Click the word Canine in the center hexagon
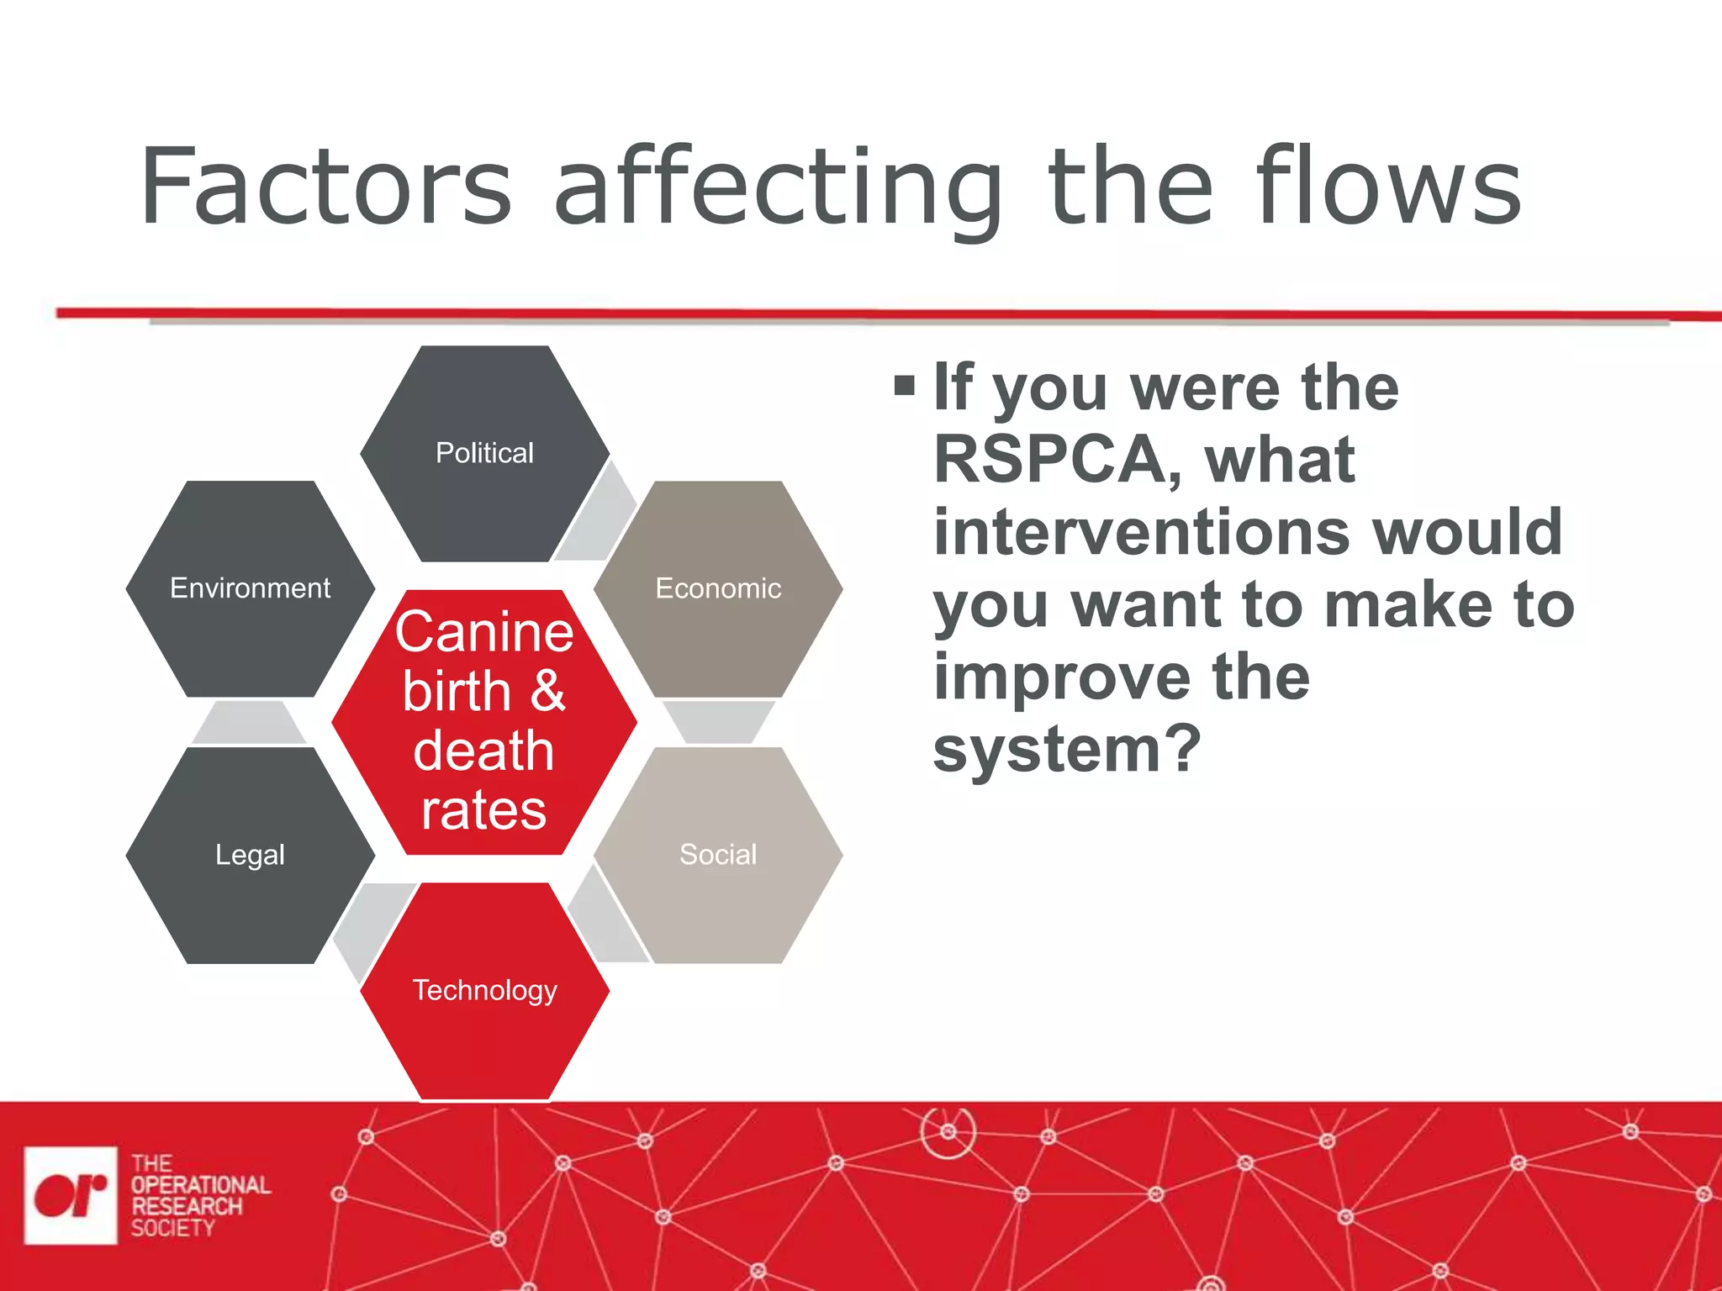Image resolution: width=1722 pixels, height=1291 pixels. [x=484, y=632]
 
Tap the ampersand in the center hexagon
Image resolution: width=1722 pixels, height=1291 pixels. [x=547, y=691]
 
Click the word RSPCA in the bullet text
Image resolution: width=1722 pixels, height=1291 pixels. [x=1051, y=461]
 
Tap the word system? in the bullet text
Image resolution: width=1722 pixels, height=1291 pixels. [x=1066, y=750]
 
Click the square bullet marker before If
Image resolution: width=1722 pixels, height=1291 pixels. [x=904, y=387]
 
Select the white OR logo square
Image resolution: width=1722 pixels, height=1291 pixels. [x=71, y=1195]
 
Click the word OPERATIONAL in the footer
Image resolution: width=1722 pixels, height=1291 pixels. [x=200, y=1185]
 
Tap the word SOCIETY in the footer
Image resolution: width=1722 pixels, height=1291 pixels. [x=172, y=1228]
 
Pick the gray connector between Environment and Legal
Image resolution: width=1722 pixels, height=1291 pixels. [x=249, y=724]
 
